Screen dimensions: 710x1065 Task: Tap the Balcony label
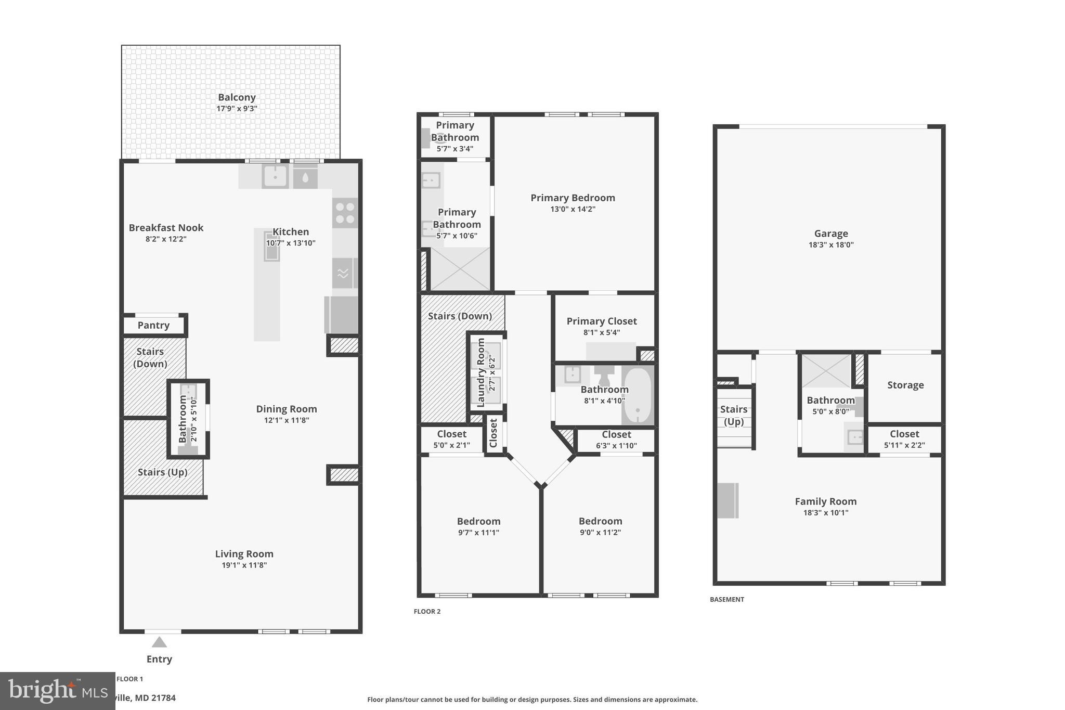pyautogui.click(x=237, y=97)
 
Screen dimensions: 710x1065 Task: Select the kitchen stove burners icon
pyautogui.click(x=345, y=213)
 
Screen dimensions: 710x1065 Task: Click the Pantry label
pyautogui.click(x=153, y=325)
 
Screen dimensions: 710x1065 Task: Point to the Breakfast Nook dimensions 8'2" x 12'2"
pyautogui.click(x=166, y=239)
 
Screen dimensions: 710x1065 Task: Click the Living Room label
pyautogui.click(x=244, y=554)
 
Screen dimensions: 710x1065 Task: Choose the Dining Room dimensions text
pyautogui.click(x=287, y=420)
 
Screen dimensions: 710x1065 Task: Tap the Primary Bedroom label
pyautogui.click(x=573, y=198)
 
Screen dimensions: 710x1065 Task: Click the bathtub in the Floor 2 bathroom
pyautogui.click(x=637, y=396)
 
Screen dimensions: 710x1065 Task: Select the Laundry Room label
pyautogui.click(x=480, y=372)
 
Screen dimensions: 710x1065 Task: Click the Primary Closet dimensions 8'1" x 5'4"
pyautogui.click(x=602, y=332)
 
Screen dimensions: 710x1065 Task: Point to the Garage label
pyautogui.click(x=831, y=234)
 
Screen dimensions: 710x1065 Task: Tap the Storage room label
pyautogui.click(x=905, y=385)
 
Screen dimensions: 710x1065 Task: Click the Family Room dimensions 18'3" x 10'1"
pyautogui.click(x=826, y=512)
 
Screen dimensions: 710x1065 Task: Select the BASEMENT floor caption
pyautogui.click(x=727, y=599)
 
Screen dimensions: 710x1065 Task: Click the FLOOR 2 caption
pyautogui.click(x=427, y=611)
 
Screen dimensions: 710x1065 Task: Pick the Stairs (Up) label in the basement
pyautogui.click(x=734, y=415)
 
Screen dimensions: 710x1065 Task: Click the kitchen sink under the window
pyautogui.click(x=275, y=176)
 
